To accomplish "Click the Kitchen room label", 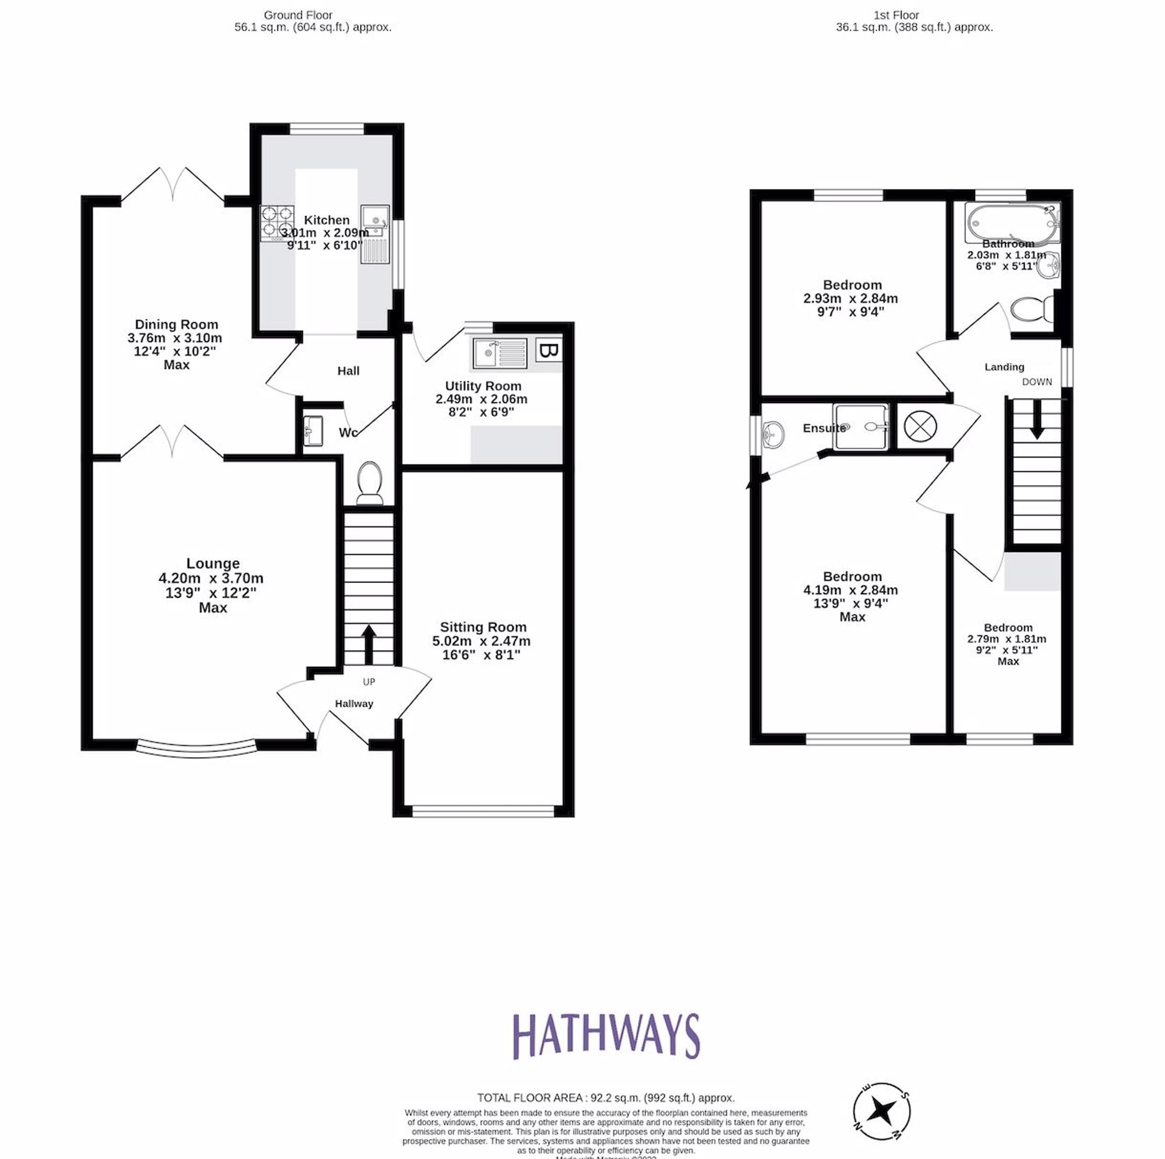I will tap(326, 220).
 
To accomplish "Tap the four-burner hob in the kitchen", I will tap(277, 223).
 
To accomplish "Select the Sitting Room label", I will tap(483, 627).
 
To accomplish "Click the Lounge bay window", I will tap(197, 748).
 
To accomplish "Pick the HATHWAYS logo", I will tap(606, 1036).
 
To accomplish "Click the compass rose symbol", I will tap(881, 1111).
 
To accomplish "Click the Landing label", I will tap(1004, 367).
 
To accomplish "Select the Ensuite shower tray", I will tap(861, 427).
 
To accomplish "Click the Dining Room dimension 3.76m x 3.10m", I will tap(175, 338).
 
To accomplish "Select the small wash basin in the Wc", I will tap(312, 430).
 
